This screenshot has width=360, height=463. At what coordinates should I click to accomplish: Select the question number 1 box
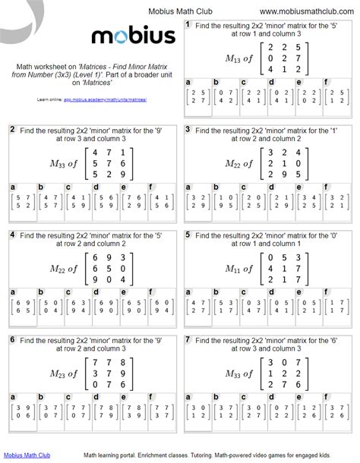188,25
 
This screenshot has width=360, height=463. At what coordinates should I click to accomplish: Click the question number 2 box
12,130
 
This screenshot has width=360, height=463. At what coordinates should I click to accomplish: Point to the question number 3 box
188,130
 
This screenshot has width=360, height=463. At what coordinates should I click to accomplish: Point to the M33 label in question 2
54,165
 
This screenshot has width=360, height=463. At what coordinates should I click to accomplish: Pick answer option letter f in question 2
150,186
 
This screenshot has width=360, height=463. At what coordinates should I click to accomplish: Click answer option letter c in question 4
68,291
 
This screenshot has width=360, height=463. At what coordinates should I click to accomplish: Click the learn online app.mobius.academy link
96,99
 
